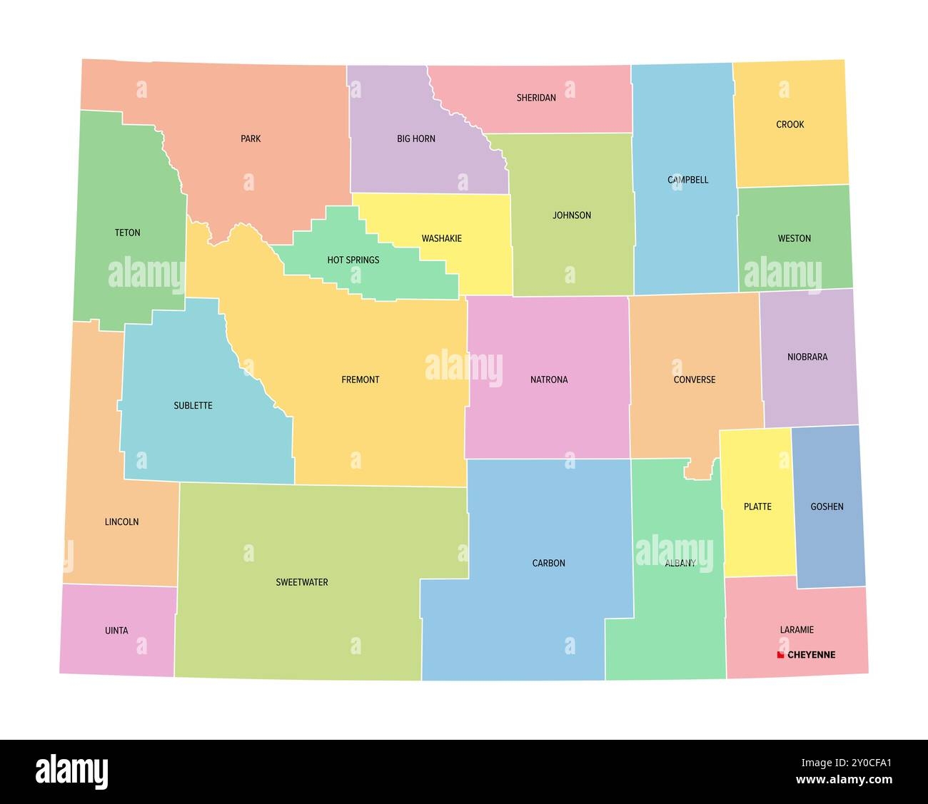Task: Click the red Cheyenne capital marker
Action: [781, 654]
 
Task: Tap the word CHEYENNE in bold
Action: [811, 655]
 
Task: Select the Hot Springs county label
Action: [353, 260]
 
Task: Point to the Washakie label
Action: [441, 238]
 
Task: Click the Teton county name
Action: [128, 233]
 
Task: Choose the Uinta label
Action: [117, 631]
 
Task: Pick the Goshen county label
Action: [827, 507]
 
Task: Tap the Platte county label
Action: [757, 507]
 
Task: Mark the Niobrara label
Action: [807, 357]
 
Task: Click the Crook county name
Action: [790, 124]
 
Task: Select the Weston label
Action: [795, 238]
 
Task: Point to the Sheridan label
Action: [536, 98]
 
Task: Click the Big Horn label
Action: [416, 138]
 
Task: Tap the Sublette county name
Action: [193, 405]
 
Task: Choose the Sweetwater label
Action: [302, 582]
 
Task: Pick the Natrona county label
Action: [549, 380]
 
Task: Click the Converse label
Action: [695, 380]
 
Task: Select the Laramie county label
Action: [797, 630]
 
